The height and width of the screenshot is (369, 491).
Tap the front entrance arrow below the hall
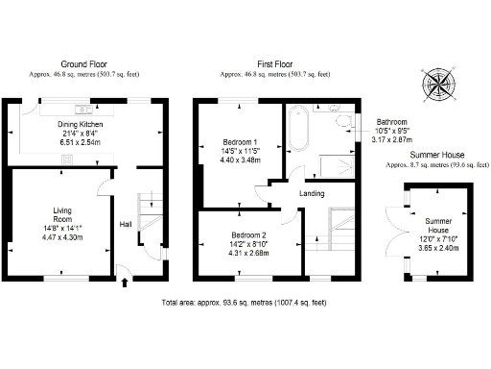pos(126,282)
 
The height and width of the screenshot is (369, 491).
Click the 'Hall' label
pos(126,224)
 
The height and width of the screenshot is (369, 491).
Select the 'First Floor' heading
pos(275,64)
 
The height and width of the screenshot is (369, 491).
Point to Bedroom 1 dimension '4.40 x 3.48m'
pos(240,160)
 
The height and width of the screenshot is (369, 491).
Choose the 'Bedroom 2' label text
pos(247,235)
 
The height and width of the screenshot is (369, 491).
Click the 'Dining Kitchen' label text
pos(80,125)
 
